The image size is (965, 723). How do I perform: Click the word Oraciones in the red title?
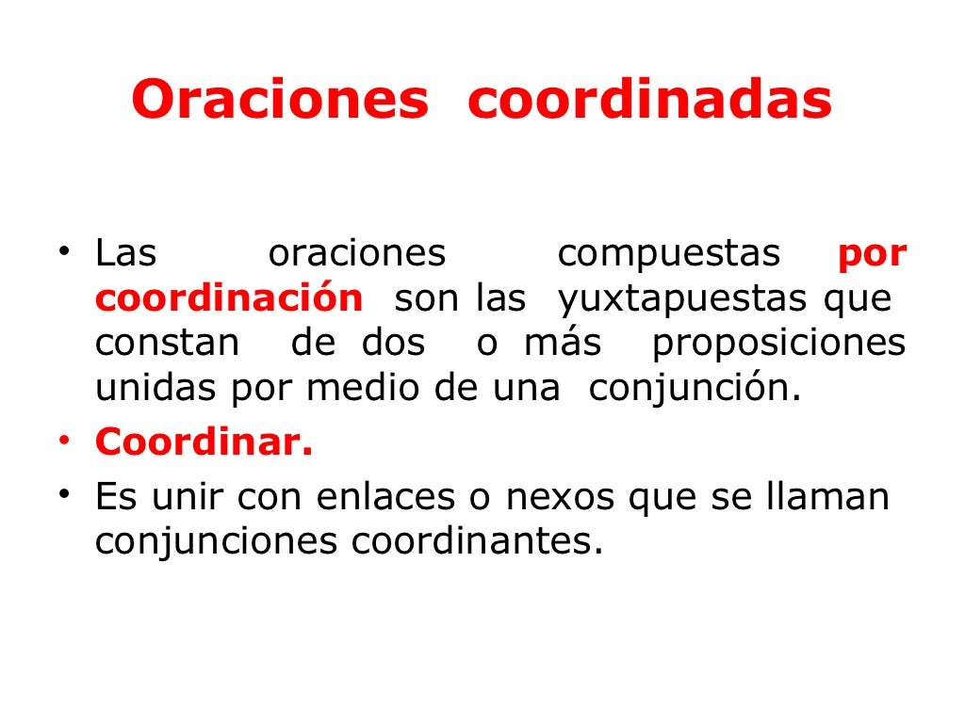(280, 101)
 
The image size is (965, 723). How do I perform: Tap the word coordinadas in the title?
(649, 101)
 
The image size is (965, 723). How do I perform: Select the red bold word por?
(872, 253)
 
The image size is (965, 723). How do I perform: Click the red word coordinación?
(228, 298)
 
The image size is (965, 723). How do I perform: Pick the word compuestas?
(669, 253)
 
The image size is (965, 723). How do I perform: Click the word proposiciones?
(778, 344)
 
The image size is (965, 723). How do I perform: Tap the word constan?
(167, 343)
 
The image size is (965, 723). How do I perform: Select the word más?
(562, 343)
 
